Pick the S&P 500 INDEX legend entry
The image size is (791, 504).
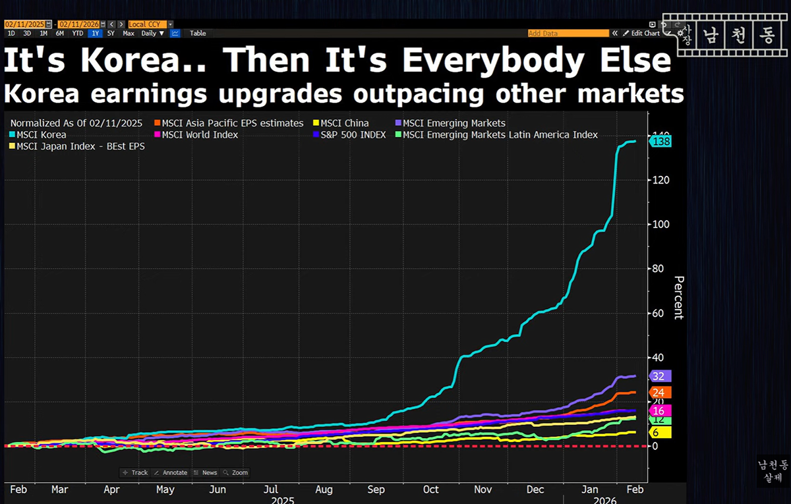coord(353,134)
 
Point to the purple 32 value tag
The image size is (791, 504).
coord(659,376)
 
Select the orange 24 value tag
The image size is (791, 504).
coord(659,393)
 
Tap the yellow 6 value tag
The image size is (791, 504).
coord(659,432)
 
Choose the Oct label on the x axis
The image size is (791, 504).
coord(430,490)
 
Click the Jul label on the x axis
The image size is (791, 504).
coord(270,490)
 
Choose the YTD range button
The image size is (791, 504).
coord(77,33)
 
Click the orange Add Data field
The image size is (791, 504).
coord(568,33)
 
